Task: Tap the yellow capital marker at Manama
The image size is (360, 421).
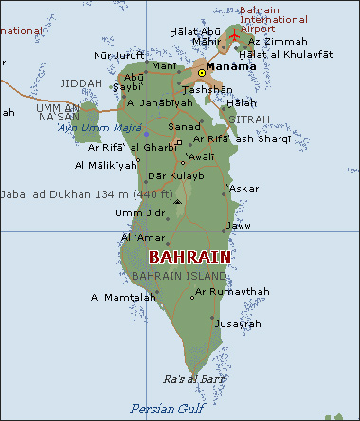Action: tap(201, 72)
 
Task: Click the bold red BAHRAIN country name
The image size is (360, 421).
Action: tap(189, 257)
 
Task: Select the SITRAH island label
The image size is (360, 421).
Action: tap(251, 119)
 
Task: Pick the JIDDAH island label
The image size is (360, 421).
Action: tap(81, 83)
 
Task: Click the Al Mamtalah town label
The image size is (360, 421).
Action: tap(123, 297)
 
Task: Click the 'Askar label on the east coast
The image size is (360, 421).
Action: tap(243, 188)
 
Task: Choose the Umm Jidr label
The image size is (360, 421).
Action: tap(135, 212)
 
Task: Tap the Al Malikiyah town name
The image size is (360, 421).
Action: tap(105, 165)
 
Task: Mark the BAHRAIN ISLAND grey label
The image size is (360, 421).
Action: tap(180, 276)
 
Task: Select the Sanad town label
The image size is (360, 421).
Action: tap(184, 125)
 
